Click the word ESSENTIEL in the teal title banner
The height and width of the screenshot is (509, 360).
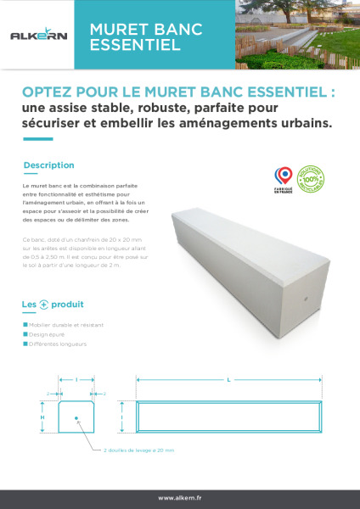click(x=135, y=45)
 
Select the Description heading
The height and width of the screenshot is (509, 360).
click(x=49, y=165)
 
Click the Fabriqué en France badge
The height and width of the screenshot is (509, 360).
click(x=284, y=177)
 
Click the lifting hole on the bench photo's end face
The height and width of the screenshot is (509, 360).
click(x=307, y=299)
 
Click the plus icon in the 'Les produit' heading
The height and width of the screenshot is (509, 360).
click(x=44, y=305)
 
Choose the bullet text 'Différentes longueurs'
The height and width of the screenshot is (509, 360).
click(x=59, y=344)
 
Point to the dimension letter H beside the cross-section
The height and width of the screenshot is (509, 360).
click(x=42, y=417)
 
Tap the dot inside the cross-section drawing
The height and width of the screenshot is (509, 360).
click(x=76, y=417)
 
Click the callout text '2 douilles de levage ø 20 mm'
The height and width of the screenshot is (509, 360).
click(x=139, y=451)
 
